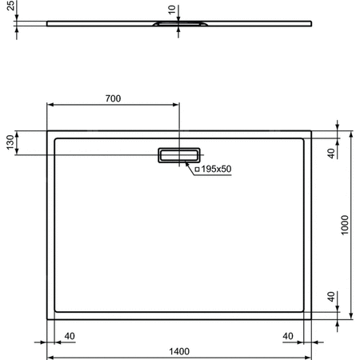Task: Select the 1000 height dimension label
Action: (345, 226)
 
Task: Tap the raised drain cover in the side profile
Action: (178, 26)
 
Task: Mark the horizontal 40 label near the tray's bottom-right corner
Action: (289, 335)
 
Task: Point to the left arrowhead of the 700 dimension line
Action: (50, 105)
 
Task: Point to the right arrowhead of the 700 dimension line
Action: (177, 105)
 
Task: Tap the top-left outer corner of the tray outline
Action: (47, 130)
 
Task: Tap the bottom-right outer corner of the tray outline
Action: (311, 318)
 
